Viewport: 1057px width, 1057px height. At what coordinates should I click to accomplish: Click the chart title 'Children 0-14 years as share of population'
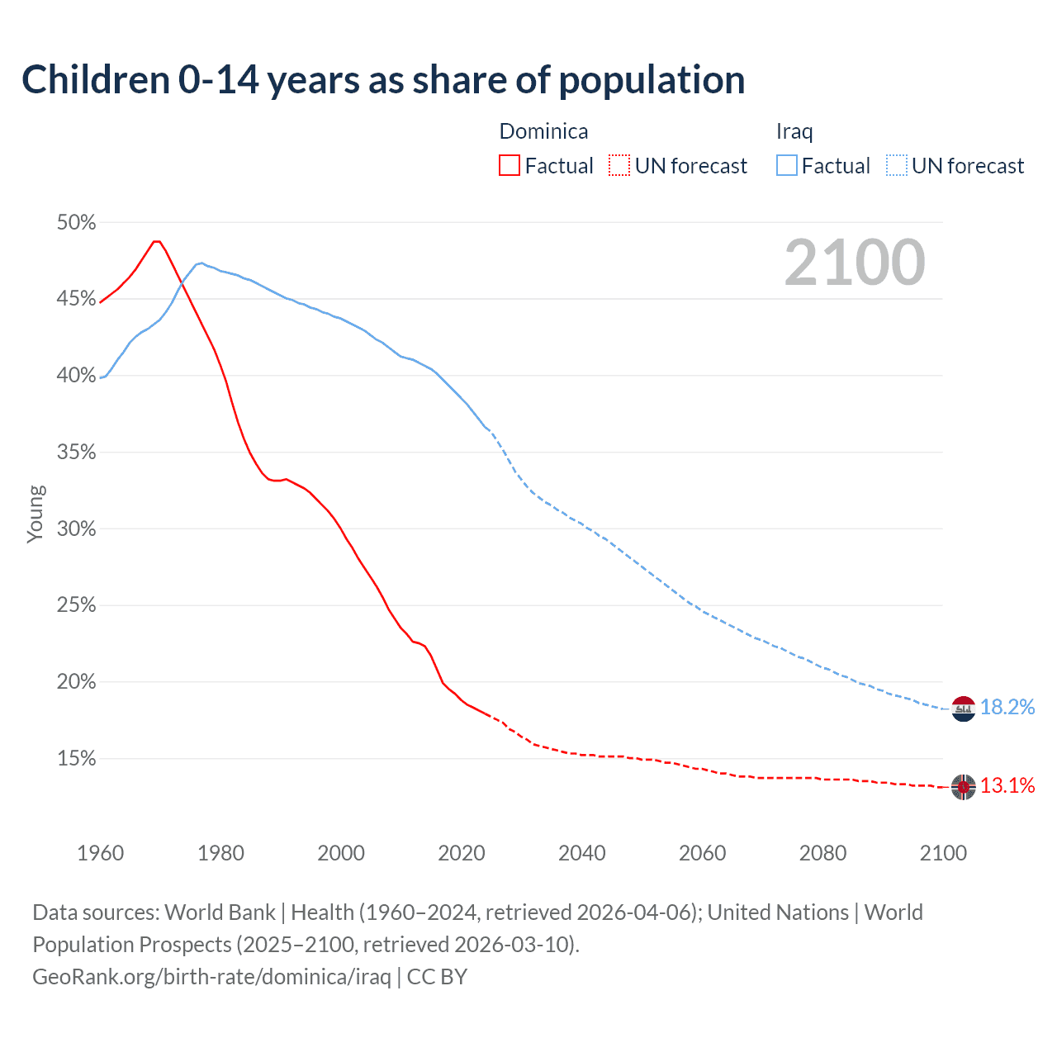pyautogui.click(x=383, y=80)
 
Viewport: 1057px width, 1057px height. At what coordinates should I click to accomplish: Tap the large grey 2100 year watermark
pyautogui.click(x=855, y=263)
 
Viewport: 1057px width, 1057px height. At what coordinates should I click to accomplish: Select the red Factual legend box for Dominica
pyautogui.click(x=510, y=165)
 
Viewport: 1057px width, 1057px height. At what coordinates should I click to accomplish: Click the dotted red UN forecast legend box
pyautogui.click(x=619, y=165)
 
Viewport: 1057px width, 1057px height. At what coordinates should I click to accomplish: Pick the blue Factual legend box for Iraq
pyautogui.click(x=787, y=165)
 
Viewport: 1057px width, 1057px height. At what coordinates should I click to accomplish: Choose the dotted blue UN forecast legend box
pyautogui.click(x=897, y=165)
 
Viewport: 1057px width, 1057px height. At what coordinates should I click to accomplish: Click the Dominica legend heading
pyautogui.click(x=543, y=131)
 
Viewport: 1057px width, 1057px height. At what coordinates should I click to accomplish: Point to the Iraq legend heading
pyautogui.click(x=794, y=131)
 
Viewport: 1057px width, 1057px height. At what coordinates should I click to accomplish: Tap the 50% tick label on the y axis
pyautogui.click(x=76, y=223)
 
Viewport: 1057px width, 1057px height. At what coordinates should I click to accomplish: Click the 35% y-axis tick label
pyautogui.click(x=76, y=453)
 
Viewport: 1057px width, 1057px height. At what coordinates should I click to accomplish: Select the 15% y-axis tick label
pyautogui.click(x=76, y=759)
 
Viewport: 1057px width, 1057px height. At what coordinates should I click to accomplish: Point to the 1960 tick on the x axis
pyautogui.click(x=100, y=853)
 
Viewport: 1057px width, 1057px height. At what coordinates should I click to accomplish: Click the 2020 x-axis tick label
pyautogui.click(x=462, y=853)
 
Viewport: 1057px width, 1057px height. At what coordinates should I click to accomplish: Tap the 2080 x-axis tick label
pyautogui.click(x=822, y=853)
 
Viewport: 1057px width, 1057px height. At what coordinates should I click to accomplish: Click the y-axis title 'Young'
pyautogui.click(x=36, y=514)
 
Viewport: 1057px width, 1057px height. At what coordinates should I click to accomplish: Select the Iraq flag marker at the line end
pyautogui.click(x=964, y=709)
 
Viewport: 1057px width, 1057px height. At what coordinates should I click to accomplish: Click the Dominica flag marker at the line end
pyautogui.click(x=964, y=787)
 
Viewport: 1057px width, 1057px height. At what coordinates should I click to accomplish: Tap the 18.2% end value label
pyautogui.click(x=1007, y=708)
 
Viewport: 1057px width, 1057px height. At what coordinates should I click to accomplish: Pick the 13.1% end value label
pyautogui.click(x=1007, y=786)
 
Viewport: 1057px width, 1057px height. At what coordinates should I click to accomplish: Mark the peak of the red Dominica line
pyautogui.click(x=156, y=241)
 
